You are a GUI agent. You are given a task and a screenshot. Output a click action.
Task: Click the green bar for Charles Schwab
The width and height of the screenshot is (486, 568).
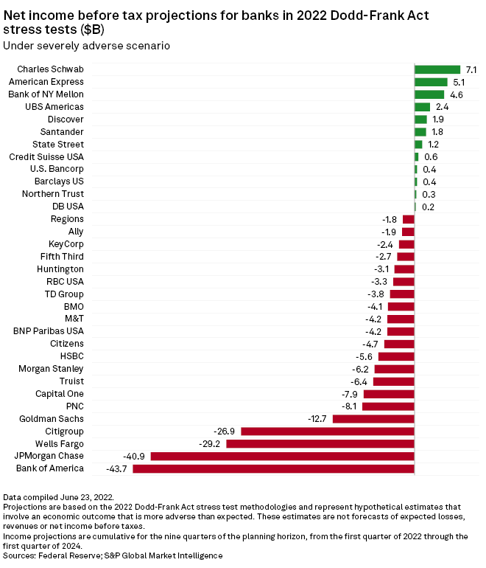point(437,69)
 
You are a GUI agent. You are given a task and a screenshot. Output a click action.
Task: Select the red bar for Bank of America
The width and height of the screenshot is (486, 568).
point(273,468)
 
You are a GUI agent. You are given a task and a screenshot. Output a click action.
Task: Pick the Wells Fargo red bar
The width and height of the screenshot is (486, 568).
point(320,443)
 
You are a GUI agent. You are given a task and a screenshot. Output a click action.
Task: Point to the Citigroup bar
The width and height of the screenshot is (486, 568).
point(328,431)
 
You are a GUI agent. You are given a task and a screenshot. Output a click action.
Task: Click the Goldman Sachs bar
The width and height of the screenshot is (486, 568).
point(373,419)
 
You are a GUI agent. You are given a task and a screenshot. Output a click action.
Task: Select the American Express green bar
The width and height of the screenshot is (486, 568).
point(431,82)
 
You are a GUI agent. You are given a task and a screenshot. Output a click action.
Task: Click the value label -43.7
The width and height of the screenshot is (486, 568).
point(118,468)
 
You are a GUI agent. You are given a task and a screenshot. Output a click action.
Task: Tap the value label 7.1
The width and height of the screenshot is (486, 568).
point(472,69)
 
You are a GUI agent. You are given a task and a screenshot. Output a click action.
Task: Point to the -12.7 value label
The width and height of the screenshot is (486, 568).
point(318,419)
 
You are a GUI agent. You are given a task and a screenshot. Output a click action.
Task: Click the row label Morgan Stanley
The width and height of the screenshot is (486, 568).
point(52,369)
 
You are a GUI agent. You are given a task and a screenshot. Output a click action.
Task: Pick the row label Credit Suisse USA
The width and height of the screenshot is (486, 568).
point(46,157)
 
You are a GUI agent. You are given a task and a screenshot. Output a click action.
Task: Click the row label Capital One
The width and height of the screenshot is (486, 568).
point(60,394)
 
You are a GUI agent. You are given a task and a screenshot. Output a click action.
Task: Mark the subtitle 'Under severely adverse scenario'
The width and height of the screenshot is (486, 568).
point(87,46)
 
